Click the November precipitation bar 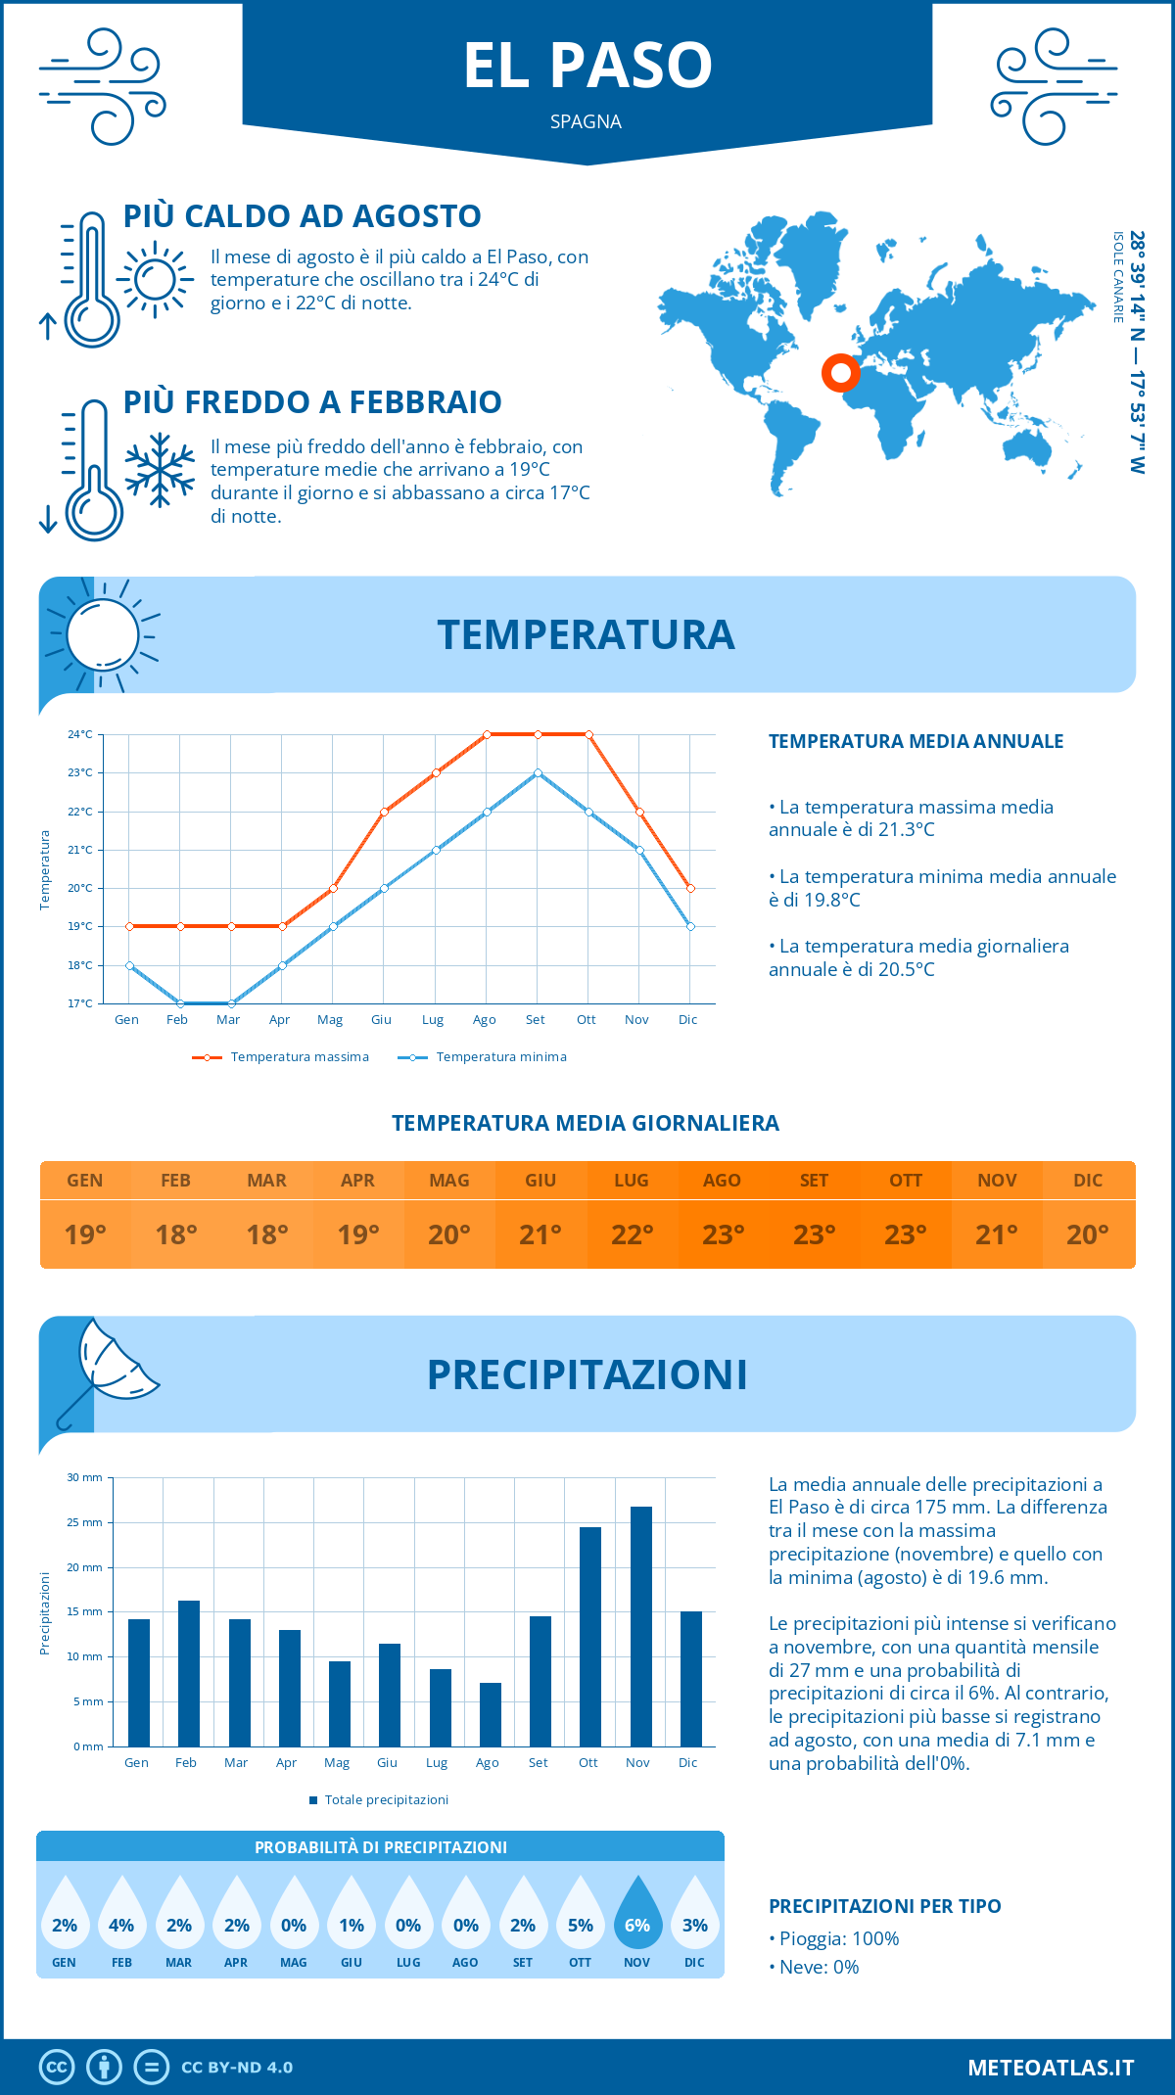pos(640,1626)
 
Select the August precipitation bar pos(491,1714)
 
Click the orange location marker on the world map pos(840,372)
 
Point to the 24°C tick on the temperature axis pos(80,734)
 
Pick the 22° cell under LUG pos(632,1234)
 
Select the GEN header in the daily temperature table pos(85,1181)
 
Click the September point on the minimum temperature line pos(538,773)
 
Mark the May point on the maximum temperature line pos(333,888)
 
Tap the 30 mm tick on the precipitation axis pos(85,1477)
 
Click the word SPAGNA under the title pos(586,121)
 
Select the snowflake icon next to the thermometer pos(160,470)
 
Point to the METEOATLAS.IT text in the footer pos(1050,2068)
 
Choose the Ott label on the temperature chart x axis pos(586,1020)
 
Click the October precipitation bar pos(590,1636)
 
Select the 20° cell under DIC pos(1088,1234)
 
